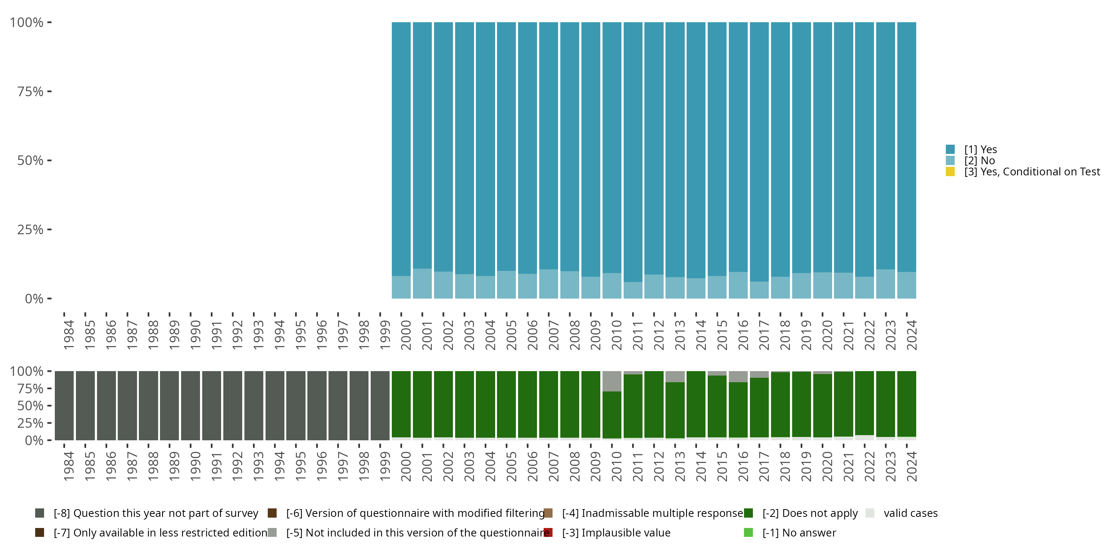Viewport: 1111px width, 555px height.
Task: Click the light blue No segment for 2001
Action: (422, 283)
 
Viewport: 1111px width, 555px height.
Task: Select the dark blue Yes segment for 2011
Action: (633, 151)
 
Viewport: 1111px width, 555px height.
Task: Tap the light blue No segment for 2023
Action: (885, 284)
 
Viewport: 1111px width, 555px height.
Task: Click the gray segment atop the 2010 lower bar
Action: (611, 381)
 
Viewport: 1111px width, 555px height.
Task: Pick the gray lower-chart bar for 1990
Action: (190, 406)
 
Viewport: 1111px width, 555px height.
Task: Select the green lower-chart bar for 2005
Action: (506, 404)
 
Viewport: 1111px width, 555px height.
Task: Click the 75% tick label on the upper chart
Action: (30, 91)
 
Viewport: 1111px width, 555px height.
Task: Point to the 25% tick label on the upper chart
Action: (30, 230)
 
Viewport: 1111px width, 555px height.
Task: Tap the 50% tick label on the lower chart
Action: (30, 406)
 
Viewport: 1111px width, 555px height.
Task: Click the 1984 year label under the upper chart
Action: (69, 335)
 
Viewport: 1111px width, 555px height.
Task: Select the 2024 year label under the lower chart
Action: (911, 467)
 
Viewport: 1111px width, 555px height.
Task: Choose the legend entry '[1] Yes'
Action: (980, 149)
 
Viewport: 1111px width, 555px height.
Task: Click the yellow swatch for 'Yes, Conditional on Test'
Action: (950, 172)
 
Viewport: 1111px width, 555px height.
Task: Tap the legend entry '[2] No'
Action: (980, 161)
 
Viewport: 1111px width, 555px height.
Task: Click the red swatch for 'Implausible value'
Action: (548, 532)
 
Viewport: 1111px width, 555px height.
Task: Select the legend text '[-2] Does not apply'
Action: (810, 513)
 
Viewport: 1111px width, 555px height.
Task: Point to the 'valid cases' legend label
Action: (910, 513)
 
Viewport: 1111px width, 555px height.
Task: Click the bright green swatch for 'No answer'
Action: (748, 532)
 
